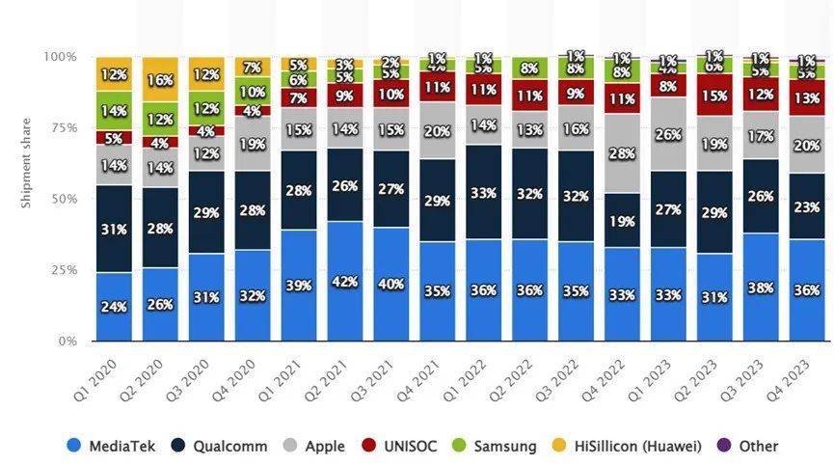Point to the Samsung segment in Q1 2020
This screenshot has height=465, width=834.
click(x=114, y=111)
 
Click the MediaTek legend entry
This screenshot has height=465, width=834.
click(x=106, y=446)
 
